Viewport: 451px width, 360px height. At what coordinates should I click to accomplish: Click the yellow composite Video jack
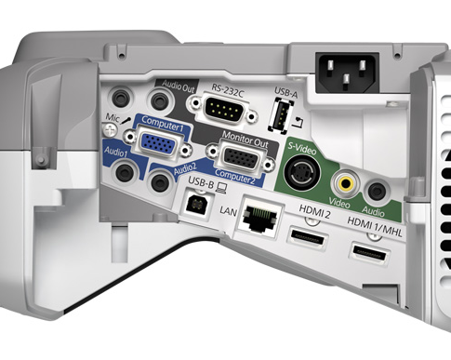click(x=346, y=183)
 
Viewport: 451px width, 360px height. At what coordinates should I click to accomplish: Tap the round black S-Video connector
click(x=302, y=174)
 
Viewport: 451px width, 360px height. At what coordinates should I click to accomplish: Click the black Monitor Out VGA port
click(x=241, y=158)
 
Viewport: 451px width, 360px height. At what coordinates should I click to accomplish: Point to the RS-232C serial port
click(x=225, y=109)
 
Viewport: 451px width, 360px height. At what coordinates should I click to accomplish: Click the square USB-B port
click(x=196, y=205)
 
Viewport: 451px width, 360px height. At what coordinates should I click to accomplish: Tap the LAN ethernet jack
click(x=259, y=217)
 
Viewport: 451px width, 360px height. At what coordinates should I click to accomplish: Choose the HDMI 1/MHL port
click(x=369, y=254)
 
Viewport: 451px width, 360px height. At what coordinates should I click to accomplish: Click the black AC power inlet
click(x=347, y=73)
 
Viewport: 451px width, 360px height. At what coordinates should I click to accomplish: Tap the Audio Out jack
click(x=159, y=100)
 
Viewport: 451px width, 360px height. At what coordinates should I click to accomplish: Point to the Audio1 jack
click(x=125, y=173)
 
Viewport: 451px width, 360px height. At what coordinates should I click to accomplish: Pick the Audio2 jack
click(x=160, y=182)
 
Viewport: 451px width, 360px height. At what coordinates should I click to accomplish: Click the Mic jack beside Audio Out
click(x=121, y=98)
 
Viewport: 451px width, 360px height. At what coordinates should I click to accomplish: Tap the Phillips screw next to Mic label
click(x=110, y=130)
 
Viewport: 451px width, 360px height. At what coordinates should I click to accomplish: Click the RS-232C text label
click(x=228, y=89)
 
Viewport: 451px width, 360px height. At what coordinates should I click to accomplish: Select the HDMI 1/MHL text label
click(x=375, y=227)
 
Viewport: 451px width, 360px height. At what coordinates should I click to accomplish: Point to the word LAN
click(x=228, y=211)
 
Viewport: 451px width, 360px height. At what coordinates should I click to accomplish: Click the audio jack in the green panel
click(x=377, y=192)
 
